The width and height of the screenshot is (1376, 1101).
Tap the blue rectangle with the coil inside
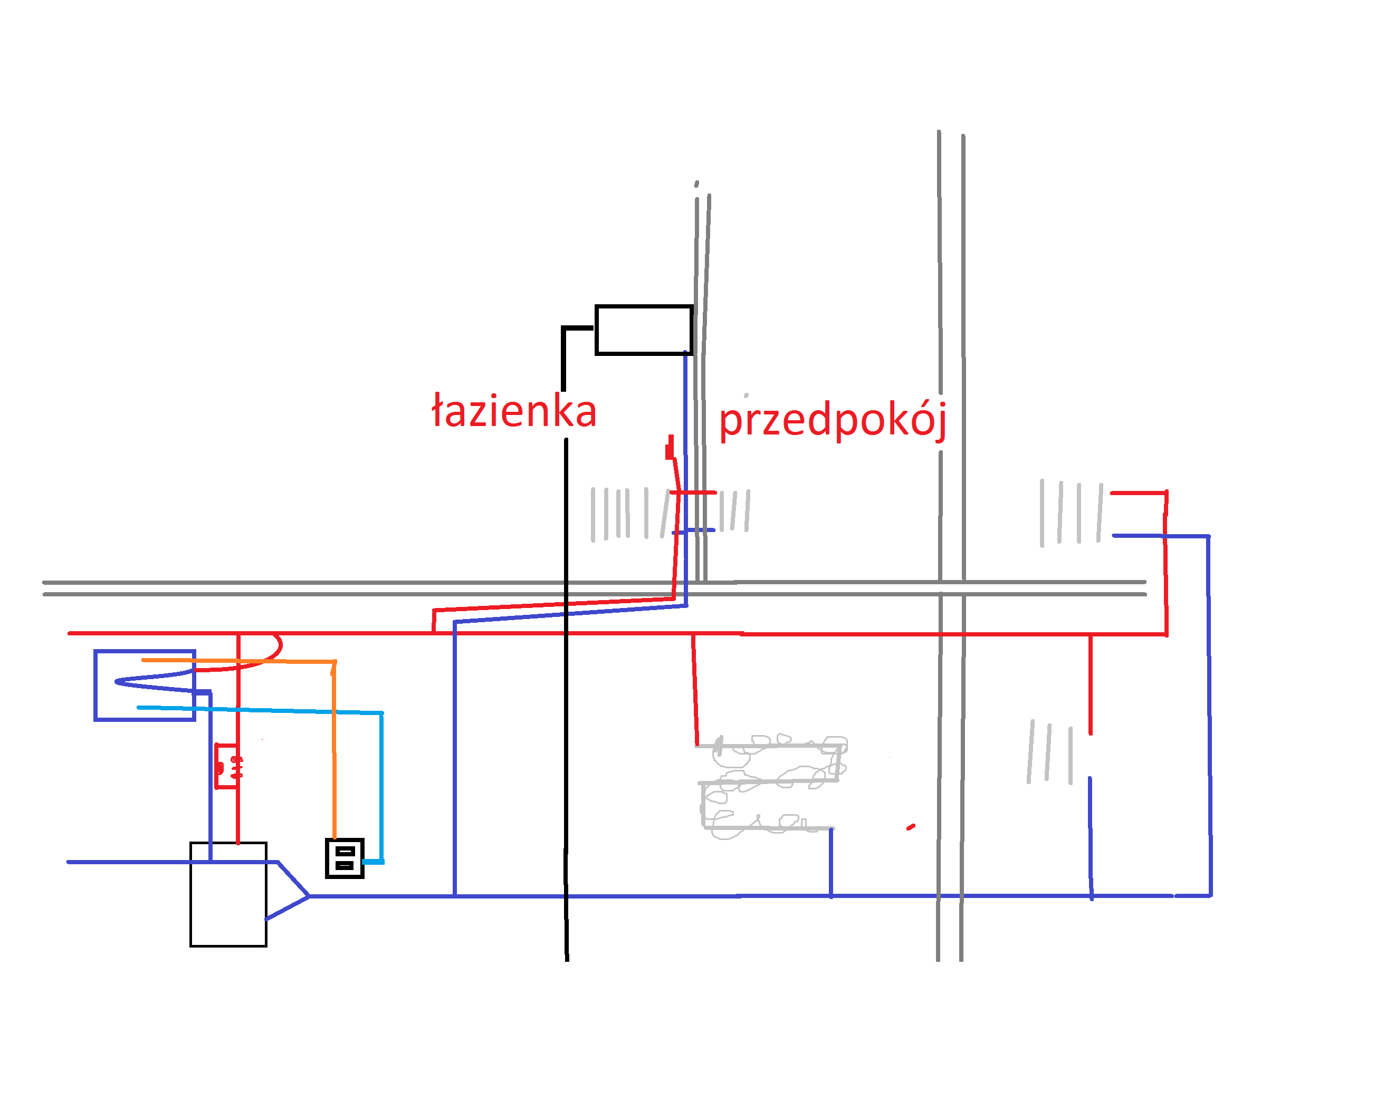[x=95, y=685]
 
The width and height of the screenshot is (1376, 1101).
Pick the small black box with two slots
[x=345, y=858]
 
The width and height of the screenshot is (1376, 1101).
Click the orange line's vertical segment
[x=334, y=749]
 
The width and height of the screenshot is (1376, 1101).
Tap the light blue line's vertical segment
[x=381, y=787]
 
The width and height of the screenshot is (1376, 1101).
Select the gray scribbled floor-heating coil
[x=772, y=787]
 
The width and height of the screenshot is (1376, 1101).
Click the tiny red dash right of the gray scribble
[x=911, y=827]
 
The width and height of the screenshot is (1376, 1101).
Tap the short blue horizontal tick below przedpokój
[x=693, y=530]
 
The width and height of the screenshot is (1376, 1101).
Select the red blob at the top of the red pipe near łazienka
[x=670, y=448]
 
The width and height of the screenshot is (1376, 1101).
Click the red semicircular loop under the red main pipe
[x=280, y=648]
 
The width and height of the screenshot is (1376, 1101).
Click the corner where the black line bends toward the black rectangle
[x=563, y=329]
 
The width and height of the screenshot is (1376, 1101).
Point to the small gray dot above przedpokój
[x=746, y=395]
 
